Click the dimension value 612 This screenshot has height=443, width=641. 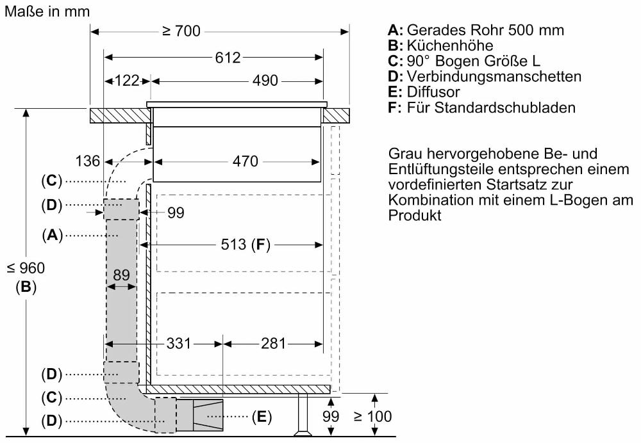pyautogui.click(x=228, y=58)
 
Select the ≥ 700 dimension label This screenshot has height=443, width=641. pyautogui.click(x=181, y=31)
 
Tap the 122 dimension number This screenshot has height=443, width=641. pyautogui.click(x=127, y=81)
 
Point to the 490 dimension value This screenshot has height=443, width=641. pyautogui.click(x=265, y=81)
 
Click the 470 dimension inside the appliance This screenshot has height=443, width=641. pyautogui.click(x=246, y=161)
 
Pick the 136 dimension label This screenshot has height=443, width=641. pyautogui.click(x=87, y=161)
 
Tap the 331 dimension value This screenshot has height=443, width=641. pyautogui.click(x=179, y=344)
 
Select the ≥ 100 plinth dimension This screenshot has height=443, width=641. pyautogui.click(x=372, y=417)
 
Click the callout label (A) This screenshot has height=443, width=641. pyautogui.click(x=51, y=236)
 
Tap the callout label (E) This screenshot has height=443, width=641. pyautogui.click(x=261, y=417)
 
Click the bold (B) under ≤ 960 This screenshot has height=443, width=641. pyautogui.click(x=26, y=287)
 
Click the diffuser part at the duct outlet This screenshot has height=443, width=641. pyautogui.click(x=208, y=414)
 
